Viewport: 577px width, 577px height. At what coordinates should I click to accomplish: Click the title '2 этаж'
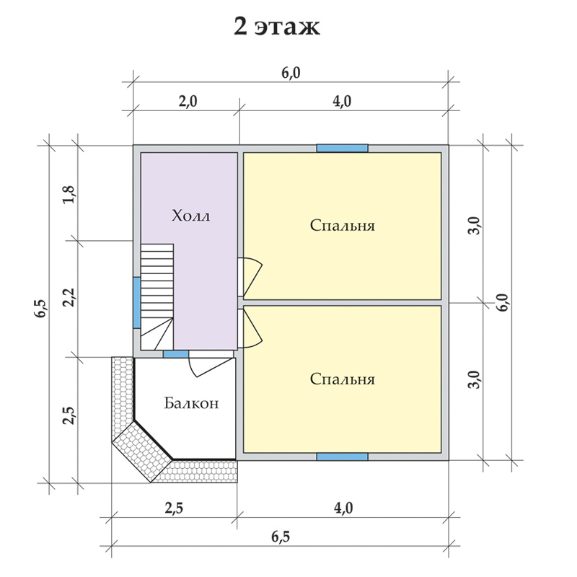pos(277,27)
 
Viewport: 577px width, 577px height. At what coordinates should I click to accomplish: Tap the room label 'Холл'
pos(190,215)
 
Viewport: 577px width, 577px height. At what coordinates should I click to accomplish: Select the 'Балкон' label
pos(191,403)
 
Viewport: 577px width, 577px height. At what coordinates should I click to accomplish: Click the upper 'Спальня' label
pos(342,225)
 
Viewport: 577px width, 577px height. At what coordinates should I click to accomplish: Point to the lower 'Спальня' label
pos(342,379)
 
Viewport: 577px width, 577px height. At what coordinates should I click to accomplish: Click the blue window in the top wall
pos(342,149)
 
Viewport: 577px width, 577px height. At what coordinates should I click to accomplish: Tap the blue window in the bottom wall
pos(342,457)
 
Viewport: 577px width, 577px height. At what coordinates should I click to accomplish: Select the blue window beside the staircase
pos(137,302)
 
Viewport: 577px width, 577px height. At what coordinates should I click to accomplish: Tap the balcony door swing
pos(211,367)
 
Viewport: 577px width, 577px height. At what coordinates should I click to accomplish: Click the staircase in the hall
pos(157,296)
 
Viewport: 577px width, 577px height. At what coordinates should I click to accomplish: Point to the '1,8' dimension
pos(69,195)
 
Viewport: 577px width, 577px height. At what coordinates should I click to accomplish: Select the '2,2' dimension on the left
pos(69,296)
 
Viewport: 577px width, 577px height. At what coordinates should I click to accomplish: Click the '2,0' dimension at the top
pos(188,101)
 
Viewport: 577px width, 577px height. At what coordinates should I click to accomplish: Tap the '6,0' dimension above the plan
pos(291,73)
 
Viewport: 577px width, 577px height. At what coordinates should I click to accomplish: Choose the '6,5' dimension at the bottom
pos(281,537)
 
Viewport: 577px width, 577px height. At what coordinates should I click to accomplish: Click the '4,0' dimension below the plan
pos(343,508)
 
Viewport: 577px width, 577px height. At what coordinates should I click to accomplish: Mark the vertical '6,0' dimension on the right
pos(503,302)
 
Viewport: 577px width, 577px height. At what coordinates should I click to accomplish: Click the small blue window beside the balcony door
pos(176,354)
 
